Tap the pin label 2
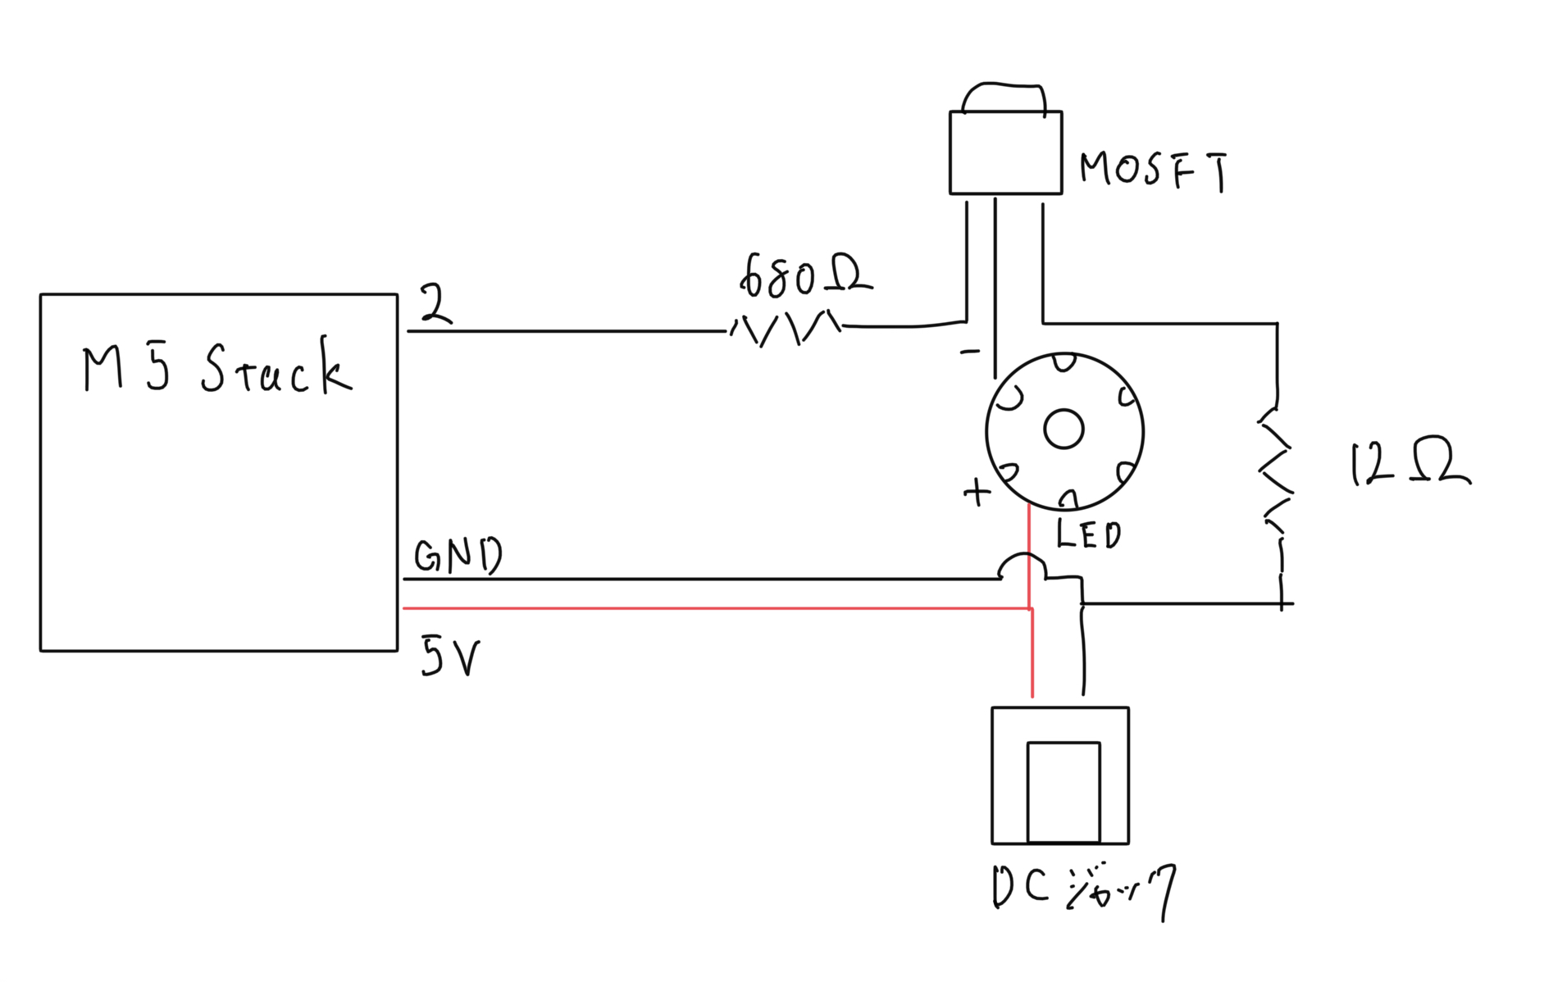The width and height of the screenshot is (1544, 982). [435, 304]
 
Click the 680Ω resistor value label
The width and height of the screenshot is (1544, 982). [805, 276]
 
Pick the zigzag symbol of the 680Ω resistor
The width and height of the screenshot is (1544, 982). [786, 329]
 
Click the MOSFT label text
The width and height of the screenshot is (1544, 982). [1153, 170]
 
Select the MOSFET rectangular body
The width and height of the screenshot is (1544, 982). [1005, 153]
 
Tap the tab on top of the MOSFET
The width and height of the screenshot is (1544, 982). [1004, 98]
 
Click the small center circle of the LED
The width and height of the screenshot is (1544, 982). [1063, 429]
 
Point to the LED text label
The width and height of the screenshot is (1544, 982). [1088, 534]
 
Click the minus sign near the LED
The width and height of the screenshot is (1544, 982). [970, 352]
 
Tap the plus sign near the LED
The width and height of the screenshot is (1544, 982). [977, 492]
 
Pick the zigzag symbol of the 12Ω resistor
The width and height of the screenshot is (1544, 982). [1276, 471]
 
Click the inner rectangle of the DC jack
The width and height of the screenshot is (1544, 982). [1063, 792]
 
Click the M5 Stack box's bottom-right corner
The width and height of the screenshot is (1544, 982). [397, 651]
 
